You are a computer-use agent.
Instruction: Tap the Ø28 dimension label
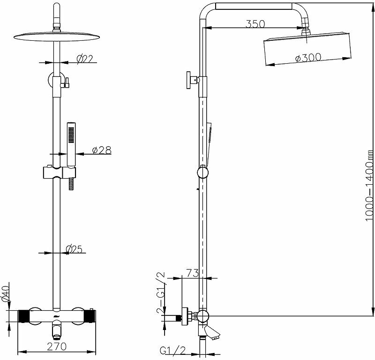[x=101, y=150]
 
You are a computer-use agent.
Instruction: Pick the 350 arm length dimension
[x=255, y=23]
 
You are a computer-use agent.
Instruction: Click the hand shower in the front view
[x=71, y=143]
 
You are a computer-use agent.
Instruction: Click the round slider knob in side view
[x=202, y=172]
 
